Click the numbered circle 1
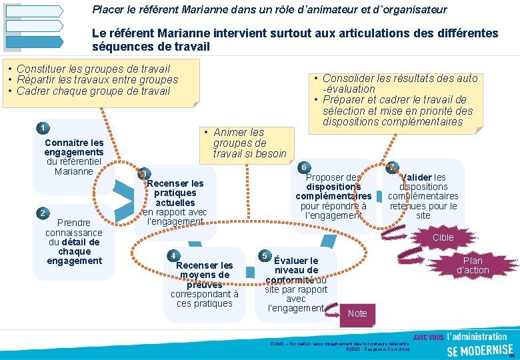click(x=42, y=127)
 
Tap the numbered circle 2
click(x=42, y=213)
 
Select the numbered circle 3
click(x=143, y=174)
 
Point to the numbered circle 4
click(x=173, y=256)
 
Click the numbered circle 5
click(x=265, y=256)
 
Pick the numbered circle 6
click(x=303, y=167)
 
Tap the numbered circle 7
click(x=392, y=167)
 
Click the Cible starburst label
click(x=443, y=237)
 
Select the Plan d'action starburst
click(x=473, y=265)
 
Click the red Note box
click(x=357, y=313)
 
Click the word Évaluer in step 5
click(x=296, y=261)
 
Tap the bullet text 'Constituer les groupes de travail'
click(x=93, y=69)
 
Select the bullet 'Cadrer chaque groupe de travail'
click(x=93, y=91)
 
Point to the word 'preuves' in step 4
click(x=204, y=285)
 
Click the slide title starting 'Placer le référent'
click(x=269, y=10)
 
